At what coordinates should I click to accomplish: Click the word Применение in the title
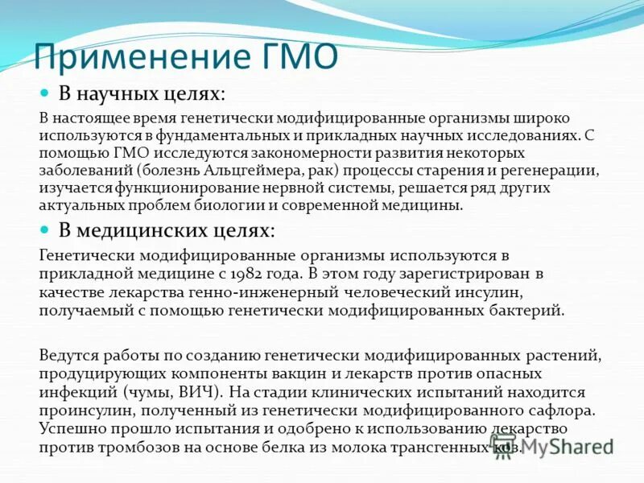(x=132, y=60)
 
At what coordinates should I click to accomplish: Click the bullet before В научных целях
(x=46, y=94)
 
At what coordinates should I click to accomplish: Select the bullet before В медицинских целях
(x=46, y=230)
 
